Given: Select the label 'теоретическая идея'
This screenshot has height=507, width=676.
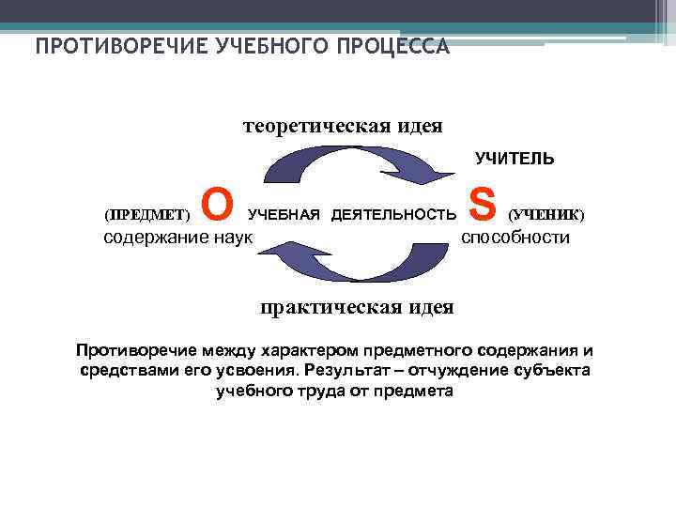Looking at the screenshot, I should point(343,125).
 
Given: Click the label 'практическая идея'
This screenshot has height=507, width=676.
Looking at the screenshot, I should point(357,307).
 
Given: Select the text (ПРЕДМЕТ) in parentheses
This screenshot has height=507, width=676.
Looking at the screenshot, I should point(146,214).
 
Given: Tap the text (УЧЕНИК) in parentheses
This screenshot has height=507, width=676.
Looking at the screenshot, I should point(545,214).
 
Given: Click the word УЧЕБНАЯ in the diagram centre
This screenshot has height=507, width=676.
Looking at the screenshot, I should point(284,215).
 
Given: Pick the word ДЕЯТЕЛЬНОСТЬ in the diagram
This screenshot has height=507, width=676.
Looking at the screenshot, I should point(393,215).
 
